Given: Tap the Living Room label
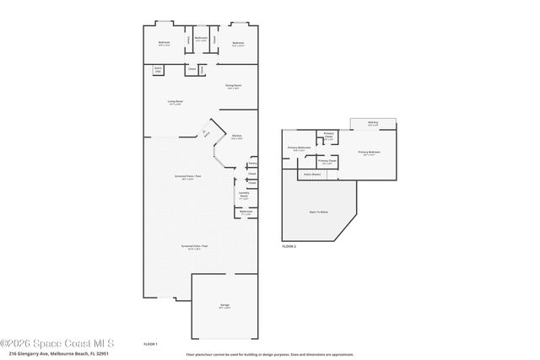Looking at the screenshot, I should [x=175, y=102].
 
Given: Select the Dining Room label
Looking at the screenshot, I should [x=234, y=86].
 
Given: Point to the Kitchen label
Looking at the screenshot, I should [x=237, y=137].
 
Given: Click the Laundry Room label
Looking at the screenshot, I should [x=243, y=194].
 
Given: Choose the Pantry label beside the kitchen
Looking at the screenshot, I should [x=252, y=164].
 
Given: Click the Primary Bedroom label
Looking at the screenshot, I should [x=370, y=153].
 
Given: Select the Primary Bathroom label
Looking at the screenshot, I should [x=299, y=148].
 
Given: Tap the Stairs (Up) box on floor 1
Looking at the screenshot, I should [x=158, y=68].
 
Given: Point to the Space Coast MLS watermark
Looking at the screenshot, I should [x=57, y=343].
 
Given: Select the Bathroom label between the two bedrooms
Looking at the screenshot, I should [x=201, y=39].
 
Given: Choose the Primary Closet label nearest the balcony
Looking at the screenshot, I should [x=329, y=135].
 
